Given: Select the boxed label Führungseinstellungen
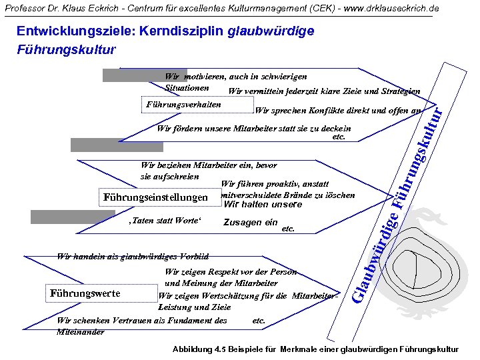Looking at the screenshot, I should point(154,197).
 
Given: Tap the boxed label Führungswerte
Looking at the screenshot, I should point(85,293).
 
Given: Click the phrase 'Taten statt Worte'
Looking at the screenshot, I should point(163,221).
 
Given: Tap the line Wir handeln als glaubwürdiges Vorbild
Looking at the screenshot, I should point(133,256).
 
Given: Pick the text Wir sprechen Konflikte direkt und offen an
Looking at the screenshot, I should point(338,110).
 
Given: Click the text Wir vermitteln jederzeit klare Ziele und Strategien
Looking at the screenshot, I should point(324,91).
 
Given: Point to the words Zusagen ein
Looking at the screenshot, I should point(251,223).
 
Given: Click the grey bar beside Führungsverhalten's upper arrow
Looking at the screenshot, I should point(127,75).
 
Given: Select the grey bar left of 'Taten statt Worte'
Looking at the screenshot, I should point(64,216).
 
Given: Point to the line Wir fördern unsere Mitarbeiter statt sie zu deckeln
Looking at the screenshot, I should point(253,129).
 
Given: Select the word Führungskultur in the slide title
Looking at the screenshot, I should point(66,49).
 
